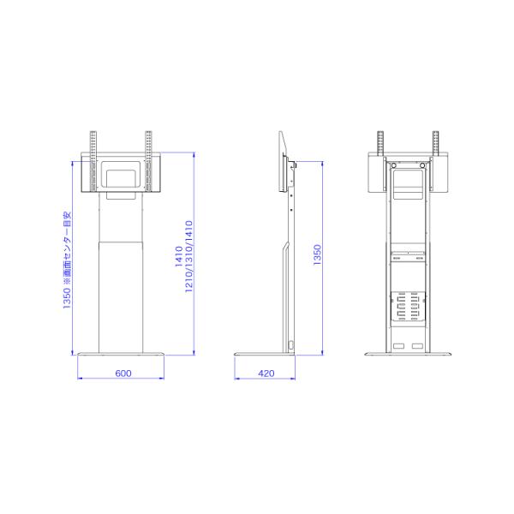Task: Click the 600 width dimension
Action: click(x=123, y=374)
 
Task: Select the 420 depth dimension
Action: click(x=266, y=374)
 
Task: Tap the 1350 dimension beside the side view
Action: click(x=317, y=254)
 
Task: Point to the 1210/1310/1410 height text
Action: click(x=188, y=256)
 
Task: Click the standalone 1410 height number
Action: click(x=179, y=256)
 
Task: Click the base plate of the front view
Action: click(x=121, y=354)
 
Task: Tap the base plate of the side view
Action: click(x=265, y=354)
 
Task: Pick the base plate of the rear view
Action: click(x=408, y=354)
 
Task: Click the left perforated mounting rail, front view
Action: click(x=93, y=161)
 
